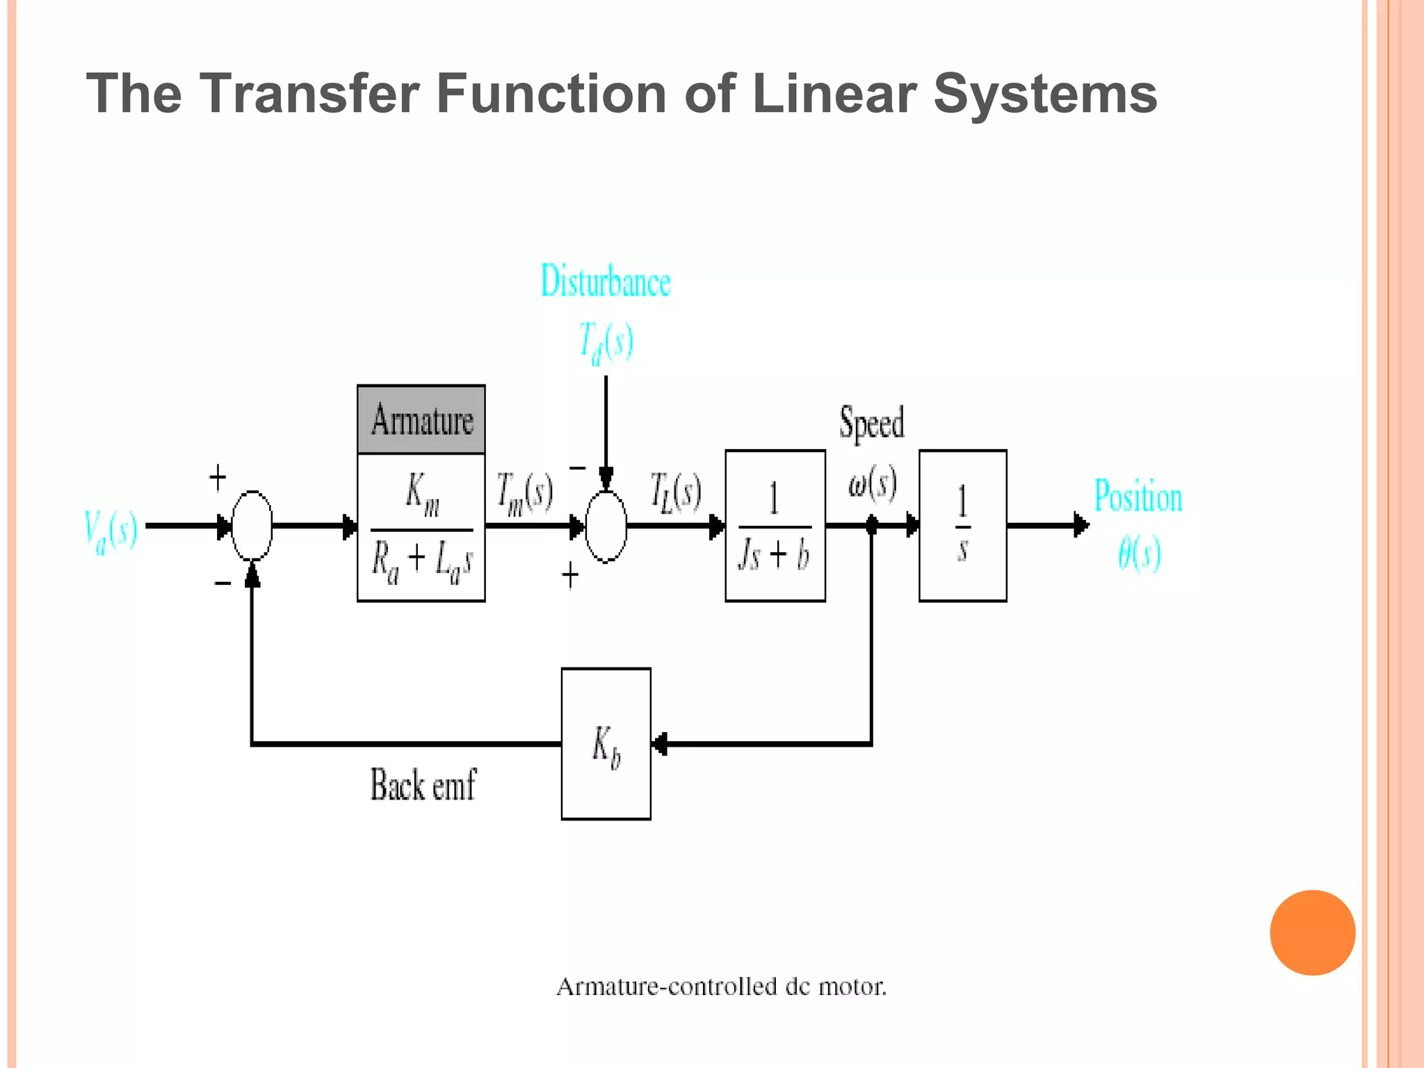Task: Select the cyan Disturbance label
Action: [x=606, y=282]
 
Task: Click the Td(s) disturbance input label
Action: [x=606, y=342]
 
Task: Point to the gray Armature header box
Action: [x=421, y=420]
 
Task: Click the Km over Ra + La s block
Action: [x=421, y=528]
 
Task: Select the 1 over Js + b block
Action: [x=775, y=526]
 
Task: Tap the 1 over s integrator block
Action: [x=962, y=526]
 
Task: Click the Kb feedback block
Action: [x=606, y=744]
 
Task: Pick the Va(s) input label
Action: [x=111, y=531]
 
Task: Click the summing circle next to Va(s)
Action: [x=252, y=526]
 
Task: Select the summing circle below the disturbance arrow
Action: [x=606, y=526]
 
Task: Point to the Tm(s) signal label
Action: [x=524, y=493]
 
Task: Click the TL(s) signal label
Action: [x=675, y=492]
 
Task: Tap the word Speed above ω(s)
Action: [x=872, y=422]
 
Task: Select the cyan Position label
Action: [x=1138, y=496]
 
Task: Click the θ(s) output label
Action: [x=1139, y=554]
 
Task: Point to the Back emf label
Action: [x=423, y=786]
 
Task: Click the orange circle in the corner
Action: [x=1312, y=932]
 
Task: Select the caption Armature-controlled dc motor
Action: [x=721, y=987]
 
